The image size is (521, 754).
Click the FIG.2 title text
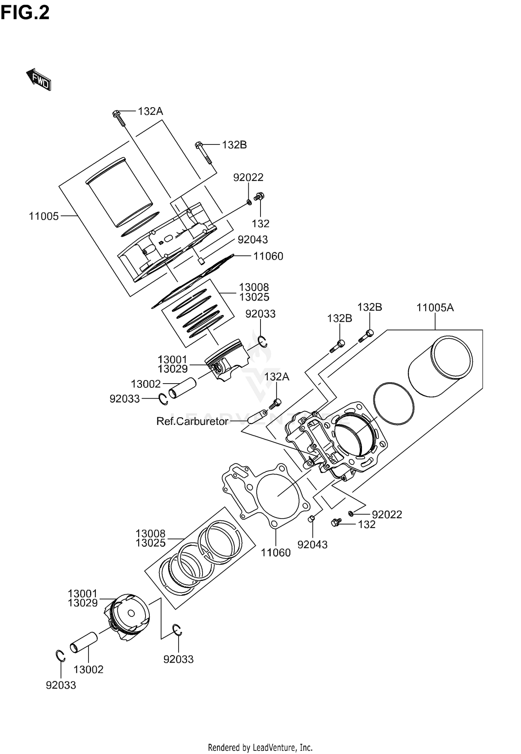[25, 13]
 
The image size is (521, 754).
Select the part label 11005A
[435, 308]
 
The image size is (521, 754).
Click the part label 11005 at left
[44, 216]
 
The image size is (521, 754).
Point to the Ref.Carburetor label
[192, 421]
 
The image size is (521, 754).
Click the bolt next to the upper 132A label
[119, 118]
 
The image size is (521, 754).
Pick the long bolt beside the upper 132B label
[203, 153]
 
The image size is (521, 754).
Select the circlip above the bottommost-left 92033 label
[61, 655]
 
